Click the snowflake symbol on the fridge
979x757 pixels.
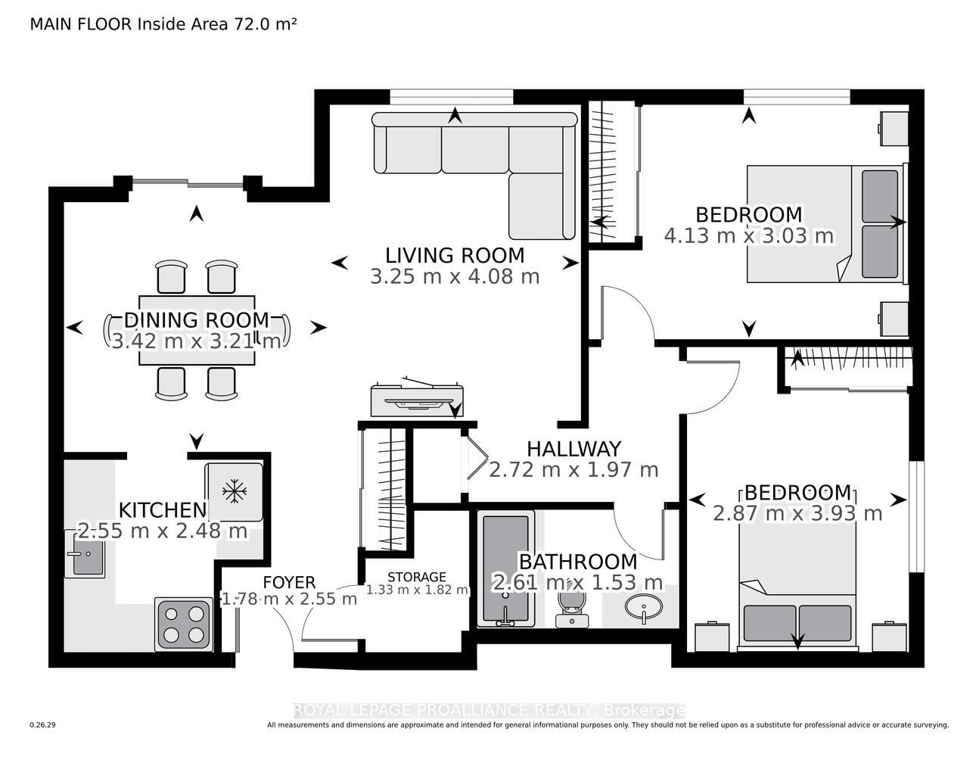pos(235,491)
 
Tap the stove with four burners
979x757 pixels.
pos(184,625)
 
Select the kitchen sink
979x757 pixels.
pos(85,554)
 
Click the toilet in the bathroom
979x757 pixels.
pos(572,609)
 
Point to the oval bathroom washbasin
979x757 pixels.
pos(644,607)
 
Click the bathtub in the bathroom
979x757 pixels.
pos(505,569)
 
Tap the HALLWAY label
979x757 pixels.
pos(574,449)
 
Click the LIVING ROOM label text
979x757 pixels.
pos(455,256)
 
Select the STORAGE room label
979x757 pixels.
pos(417,577)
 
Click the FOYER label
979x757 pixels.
pos(289,582)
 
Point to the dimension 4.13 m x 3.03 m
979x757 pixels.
pos(749,236)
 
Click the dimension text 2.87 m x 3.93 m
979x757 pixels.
pos(797,514)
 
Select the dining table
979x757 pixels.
pos(197,330)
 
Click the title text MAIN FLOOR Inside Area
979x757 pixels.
pos(129,24)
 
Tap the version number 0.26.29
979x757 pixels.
pos(42,725)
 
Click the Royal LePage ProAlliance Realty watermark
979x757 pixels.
pos(489,710)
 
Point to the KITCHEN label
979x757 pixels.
pos(163,510)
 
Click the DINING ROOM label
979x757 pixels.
pos(197,320)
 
